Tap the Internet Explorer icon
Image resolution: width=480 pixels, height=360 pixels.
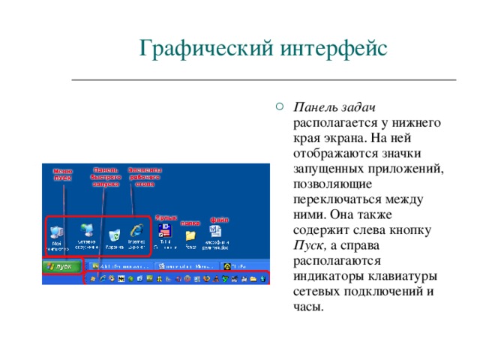136,232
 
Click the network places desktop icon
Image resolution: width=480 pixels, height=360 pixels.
87,232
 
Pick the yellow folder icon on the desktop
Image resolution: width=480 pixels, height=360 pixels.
190,235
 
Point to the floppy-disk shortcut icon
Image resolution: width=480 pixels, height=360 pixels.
166,232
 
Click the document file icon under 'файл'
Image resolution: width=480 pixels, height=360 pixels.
214,233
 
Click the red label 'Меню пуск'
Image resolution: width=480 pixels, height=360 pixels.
62,175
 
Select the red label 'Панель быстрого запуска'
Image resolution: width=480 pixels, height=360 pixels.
105,176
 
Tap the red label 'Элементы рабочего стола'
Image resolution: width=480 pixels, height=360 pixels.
145,176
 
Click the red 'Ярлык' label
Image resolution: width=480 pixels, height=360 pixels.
165,217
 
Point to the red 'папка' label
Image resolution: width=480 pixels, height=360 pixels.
190,223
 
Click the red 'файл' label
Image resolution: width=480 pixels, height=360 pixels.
219,220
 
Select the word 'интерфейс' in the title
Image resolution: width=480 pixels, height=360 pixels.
334,49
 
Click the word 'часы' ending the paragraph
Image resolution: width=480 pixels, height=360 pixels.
309,307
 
